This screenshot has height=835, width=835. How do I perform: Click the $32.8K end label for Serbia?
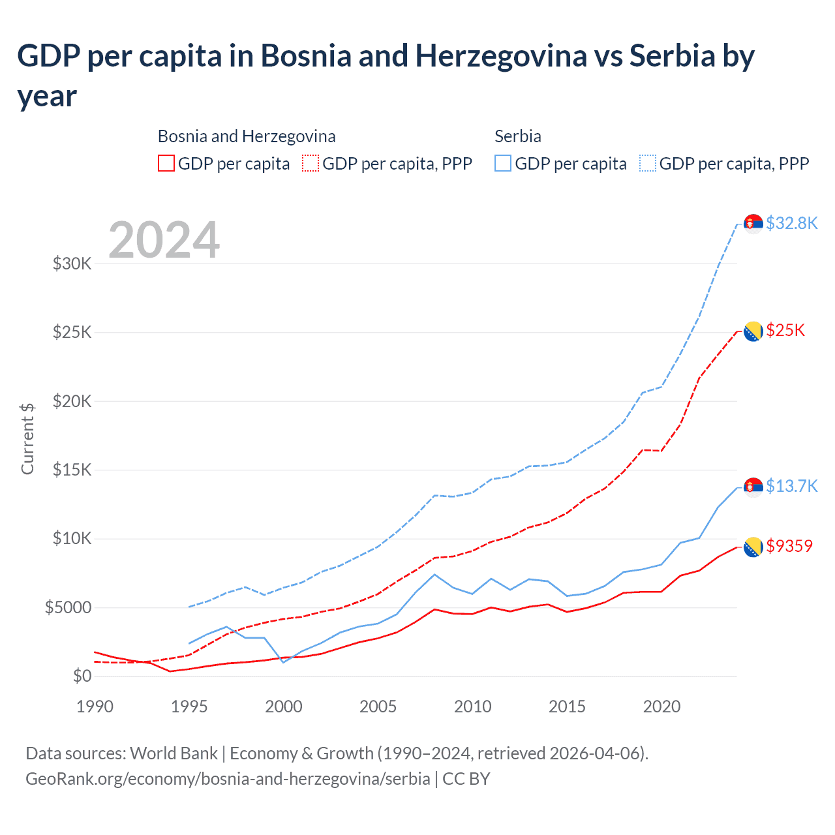pos(791,223)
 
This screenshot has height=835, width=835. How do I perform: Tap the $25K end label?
pos(785,330)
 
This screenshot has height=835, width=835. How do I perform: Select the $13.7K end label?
pos(791,486)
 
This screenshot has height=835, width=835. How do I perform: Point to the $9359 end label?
pos(789,546)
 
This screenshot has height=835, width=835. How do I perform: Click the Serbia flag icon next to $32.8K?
pos(753,223)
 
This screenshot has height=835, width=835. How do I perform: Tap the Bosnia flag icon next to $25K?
pos(753,331)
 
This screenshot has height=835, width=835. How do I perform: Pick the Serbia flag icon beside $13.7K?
pos(753,487)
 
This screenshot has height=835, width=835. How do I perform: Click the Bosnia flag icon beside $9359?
pos(753,547)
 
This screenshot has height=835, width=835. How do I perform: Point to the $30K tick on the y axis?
pos(72,264)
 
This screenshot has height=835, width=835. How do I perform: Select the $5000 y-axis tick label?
pos(68,608)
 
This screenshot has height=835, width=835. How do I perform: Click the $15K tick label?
pos(72,470)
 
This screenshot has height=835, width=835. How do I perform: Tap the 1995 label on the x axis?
pos(189,706)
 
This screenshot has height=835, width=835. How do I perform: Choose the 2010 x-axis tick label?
pos(473,706)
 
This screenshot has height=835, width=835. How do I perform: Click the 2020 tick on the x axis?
pos(661,706)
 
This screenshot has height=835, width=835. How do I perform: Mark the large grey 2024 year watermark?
pos(164,240)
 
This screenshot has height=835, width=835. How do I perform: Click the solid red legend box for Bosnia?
pos(166,163)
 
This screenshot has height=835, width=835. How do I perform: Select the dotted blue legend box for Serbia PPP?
pos(648,163)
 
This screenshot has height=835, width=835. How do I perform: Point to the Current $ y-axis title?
pos(27,438)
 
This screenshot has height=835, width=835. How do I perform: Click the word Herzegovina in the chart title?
pos(501,56)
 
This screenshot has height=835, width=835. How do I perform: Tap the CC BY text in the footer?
pos(466,779)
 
